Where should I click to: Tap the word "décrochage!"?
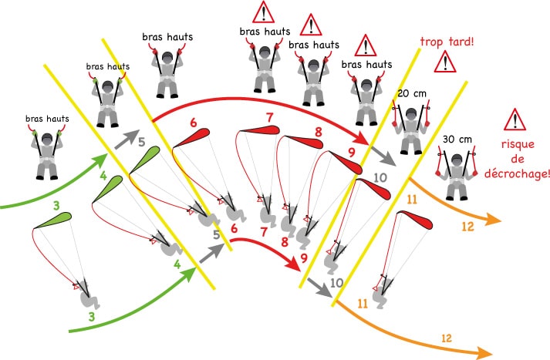tap(515, 174)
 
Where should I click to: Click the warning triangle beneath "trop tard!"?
tap(444, 64)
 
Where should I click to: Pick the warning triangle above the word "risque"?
tap(513, 120)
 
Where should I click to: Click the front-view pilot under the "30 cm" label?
tap(456, 171)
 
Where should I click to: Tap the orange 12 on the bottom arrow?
tap(447, 338)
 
